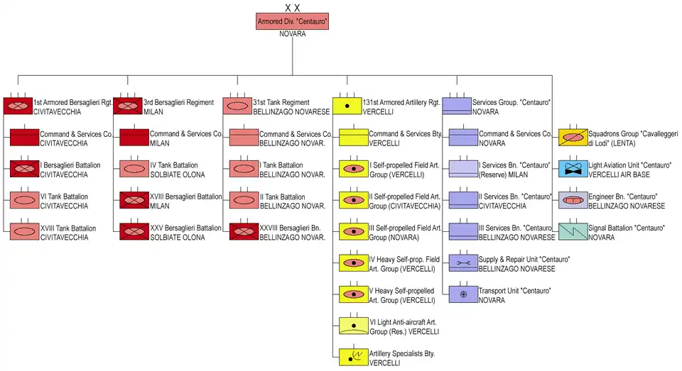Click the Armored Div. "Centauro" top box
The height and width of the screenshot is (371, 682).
[x=292, y=21]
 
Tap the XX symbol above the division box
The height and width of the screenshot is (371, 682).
[x=292, y=7]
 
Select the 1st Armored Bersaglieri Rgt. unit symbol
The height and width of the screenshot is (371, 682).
[x=18, y=106]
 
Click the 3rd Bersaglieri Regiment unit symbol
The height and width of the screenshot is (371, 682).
[x=128, y=106]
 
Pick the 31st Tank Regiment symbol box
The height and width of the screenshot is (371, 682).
[x=237, y=106]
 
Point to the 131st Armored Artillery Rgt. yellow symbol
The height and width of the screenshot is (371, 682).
[x=347, y=106]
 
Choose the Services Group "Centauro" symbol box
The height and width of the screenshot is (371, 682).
[x=457, y=106]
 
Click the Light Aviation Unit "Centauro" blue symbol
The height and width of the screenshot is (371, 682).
[x=573, y=169]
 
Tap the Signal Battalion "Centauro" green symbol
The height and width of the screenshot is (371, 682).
[x=573, y=231]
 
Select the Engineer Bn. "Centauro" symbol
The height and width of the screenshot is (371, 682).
[x=573, y=200]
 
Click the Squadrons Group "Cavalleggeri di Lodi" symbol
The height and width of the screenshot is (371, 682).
[x=573, y=138]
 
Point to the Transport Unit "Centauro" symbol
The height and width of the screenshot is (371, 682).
[x=463, y=294]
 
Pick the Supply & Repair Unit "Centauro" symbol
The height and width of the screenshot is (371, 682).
[x=463, y=262]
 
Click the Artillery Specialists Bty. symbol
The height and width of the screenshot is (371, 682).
[x=354, y=356]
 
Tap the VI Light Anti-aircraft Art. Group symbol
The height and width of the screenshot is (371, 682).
[x=354, y=325]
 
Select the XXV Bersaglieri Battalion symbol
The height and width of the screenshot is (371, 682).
[x=134, y=231]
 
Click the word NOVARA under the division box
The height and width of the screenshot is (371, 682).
[x=292, y=34]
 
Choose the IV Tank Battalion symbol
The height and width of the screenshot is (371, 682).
[x=134, y=169]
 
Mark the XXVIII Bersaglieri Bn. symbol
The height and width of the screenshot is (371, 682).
[x=244, y=231]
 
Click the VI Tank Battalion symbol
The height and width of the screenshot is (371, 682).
[x=25, y=200]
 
